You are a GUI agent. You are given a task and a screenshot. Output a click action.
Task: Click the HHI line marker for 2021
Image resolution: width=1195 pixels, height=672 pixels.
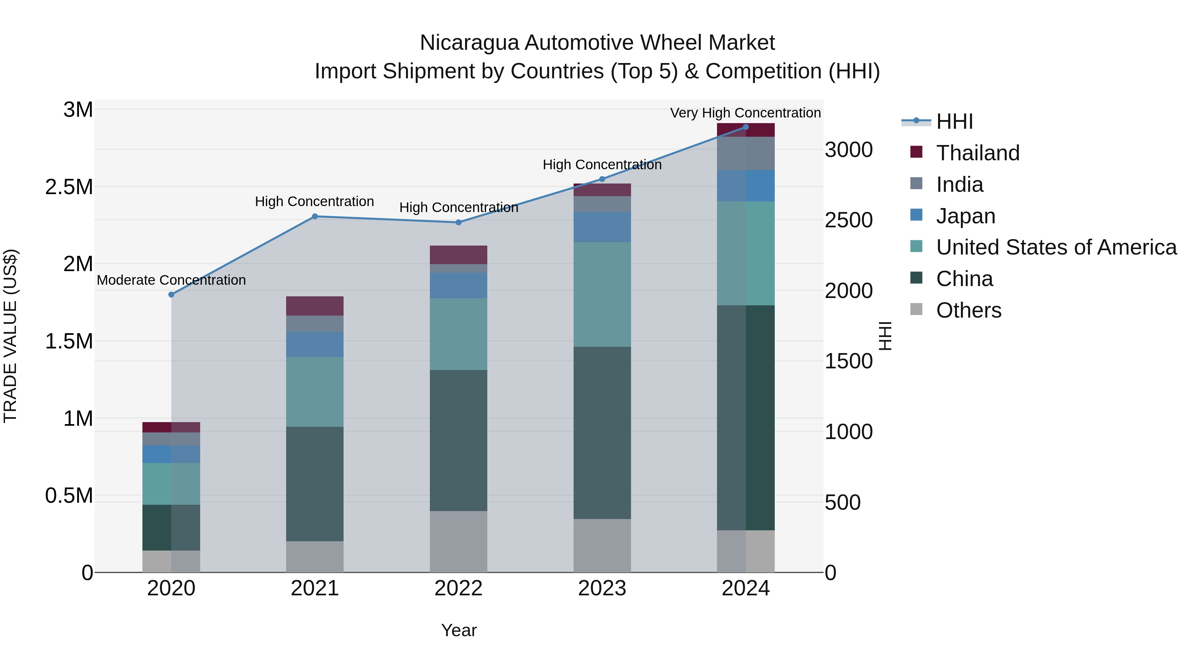pos(315,216)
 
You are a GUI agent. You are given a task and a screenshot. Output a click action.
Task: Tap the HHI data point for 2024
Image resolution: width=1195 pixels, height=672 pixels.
pos(746,127)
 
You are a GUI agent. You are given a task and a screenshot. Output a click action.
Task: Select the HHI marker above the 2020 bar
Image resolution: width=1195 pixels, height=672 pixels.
pos(171,294)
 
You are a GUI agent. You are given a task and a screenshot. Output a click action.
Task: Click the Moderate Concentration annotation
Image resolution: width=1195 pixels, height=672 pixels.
pos(171,280)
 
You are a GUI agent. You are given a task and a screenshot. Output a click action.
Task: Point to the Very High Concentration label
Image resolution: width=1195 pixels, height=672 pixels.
pos(746,113)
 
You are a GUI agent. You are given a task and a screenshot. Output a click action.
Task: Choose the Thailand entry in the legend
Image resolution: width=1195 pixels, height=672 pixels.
pos(978,153)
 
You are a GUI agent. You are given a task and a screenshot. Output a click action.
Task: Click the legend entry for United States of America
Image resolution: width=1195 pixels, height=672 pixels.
pos(1056,247)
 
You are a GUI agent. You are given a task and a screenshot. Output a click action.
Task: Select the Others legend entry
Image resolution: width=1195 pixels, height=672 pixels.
pos(969,310)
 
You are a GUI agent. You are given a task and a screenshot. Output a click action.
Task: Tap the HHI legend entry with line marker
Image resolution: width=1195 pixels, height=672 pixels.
pos(954,121)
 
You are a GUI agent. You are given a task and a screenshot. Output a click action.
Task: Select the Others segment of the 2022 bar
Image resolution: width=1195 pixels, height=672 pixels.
pos(458,541)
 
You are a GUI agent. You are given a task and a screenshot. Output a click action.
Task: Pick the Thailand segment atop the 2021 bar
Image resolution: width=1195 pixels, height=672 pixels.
pos(315,306)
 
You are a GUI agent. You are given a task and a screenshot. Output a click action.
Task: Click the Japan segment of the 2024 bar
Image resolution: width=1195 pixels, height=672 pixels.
pos(746,186)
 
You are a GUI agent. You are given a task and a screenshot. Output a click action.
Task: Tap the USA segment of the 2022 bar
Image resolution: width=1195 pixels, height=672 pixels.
pos(458,334)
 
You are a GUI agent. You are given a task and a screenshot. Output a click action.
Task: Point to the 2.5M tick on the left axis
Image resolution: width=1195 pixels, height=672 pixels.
pos(69,187)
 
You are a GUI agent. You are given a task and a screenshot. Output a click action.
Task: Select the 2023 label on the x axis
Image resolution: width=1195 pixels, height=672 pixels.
pos(602,588)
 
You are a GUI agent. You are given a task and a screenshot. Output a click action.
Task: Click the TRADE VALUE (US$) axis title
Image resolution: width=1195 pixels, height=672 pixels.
pos(10,336)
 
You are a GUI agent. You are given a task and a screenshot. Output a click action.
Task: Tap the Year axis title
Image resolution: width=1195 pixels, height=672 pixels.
pos(458,630)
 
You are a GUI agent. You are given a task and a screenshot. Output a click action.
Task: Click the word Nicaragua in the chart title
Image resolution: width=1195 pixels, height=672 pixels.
pos(469,43)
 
